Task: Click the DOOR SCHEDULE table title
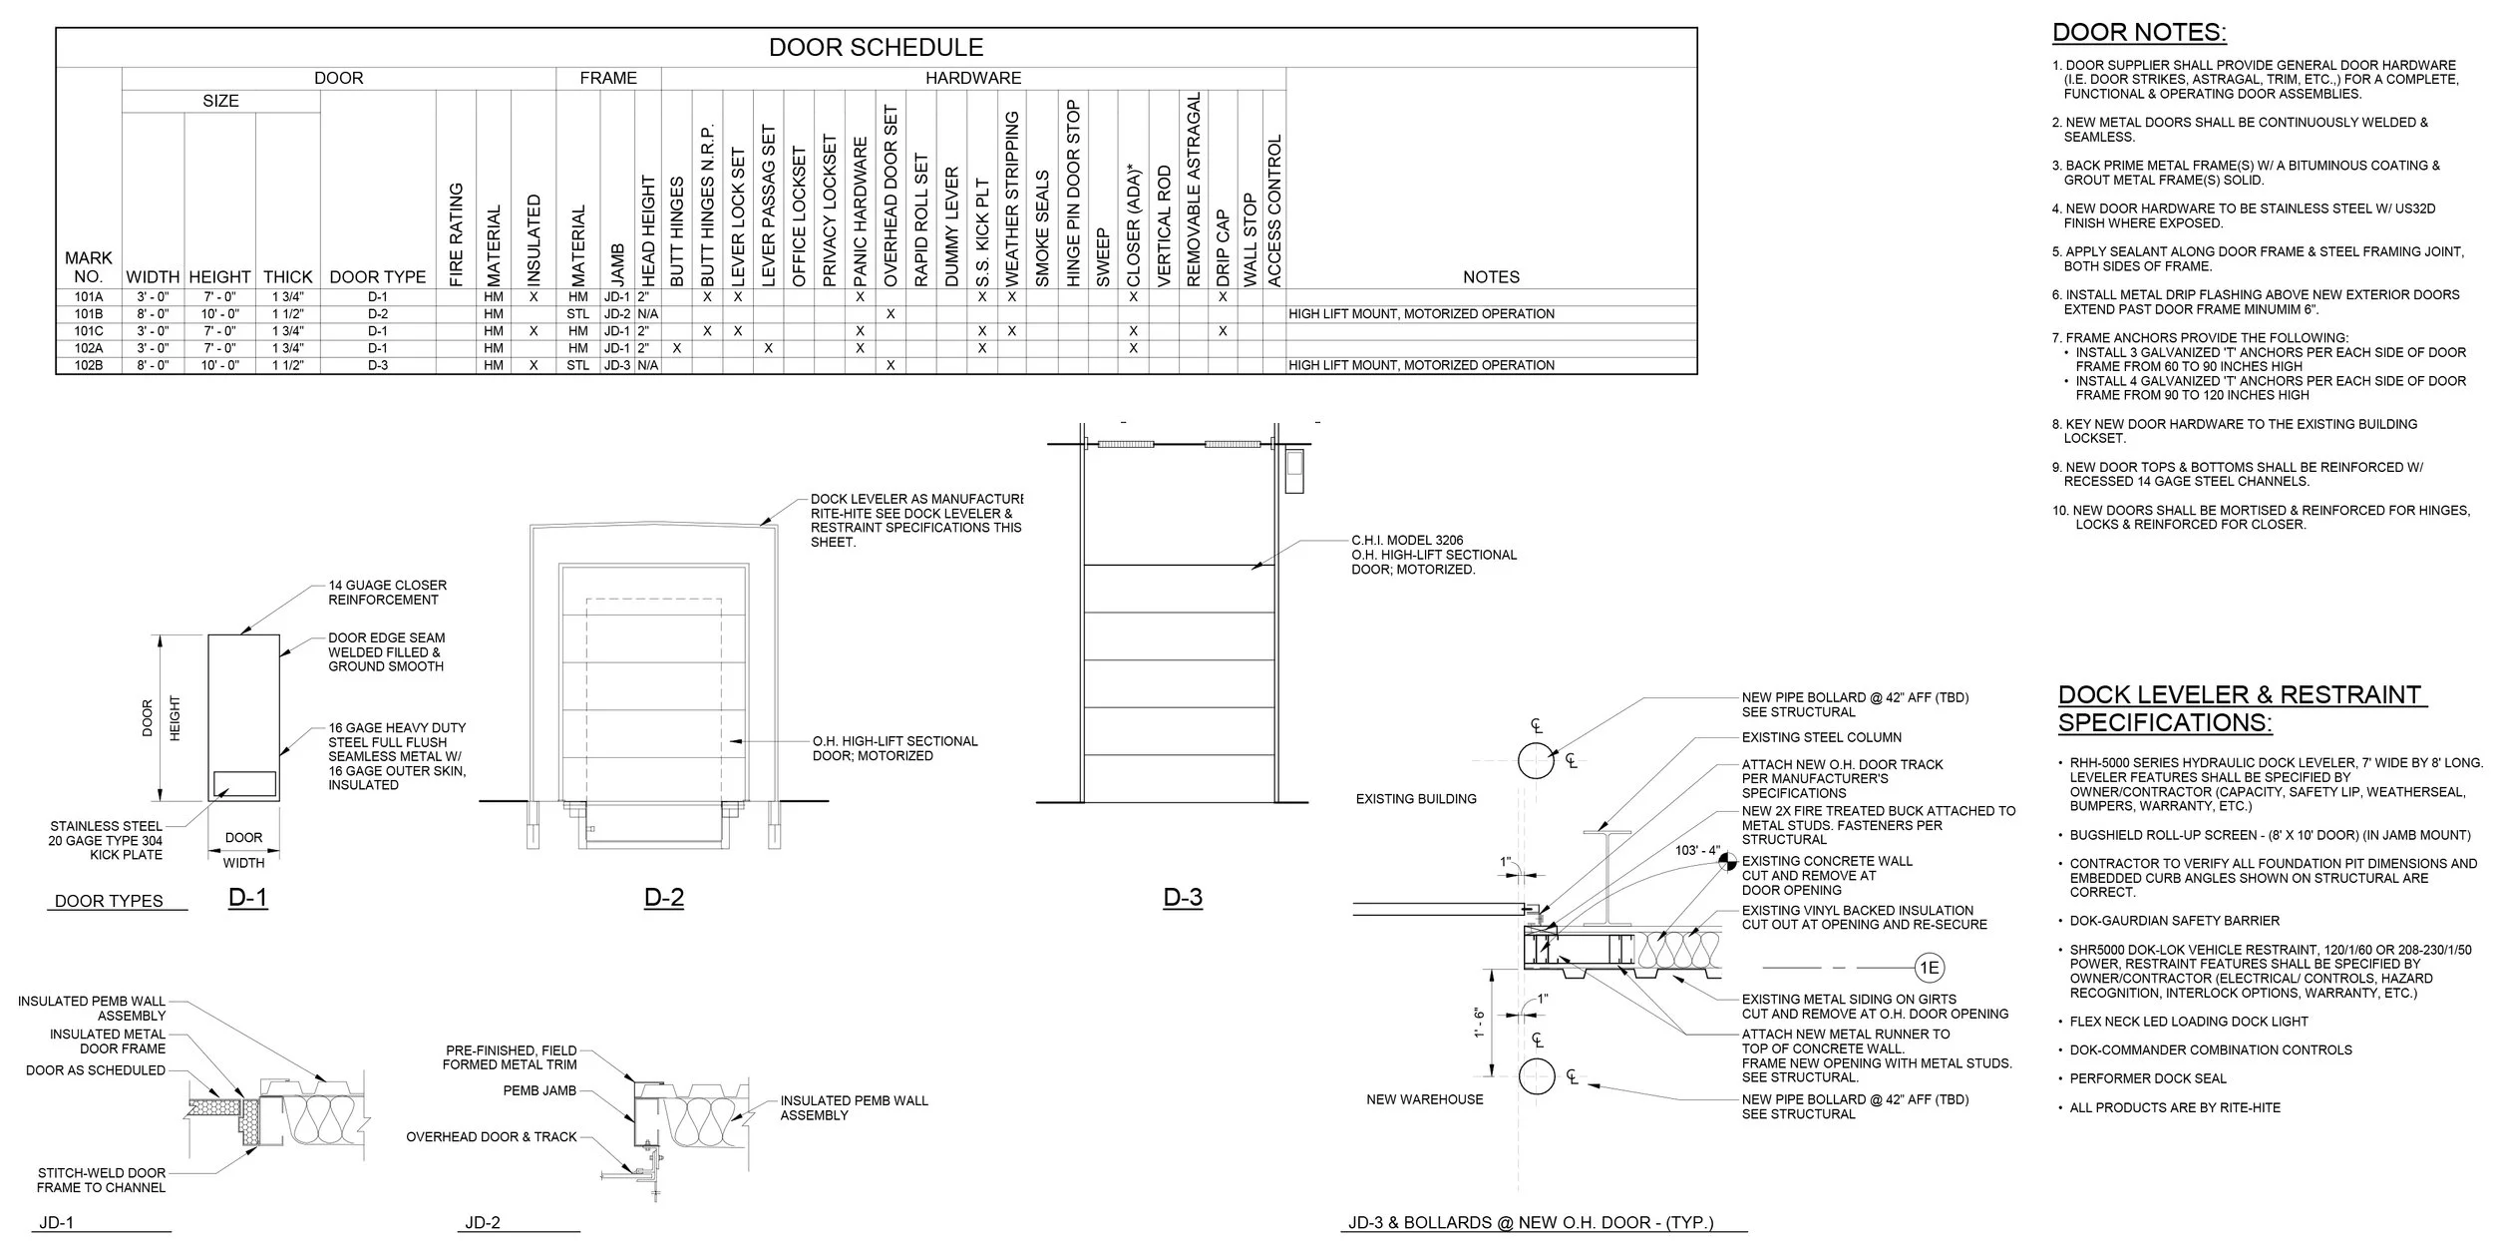coord(876,47)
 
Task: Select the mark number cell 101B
coord(88,314)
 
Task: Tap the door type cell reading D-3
coord(377,365)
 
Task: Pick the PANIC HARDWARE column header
coord(860,211)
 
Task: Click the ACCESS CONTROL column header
coord(1273,210)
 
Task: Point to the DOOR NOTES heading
coord(2138,33)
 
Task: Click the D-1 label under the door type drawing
coord(247,898)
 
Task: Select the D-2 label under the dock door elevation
coord(663,898)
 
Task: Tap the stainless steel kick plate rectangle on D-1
coord(243,784)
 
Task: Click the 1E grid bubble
coord(1929,968)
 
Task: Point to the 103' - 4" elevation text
coord(1697,851)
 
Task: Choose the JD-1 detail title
coord(56,1223)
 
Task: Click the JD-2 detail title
coord(483,1223)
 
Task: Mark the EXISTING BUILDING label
coord(1416,799)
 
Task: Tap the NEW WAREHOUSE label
coord(1424,1099)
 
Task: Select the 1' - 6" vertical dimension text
coord(1480,1024)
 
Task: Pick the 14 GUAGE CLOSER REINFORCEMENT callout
coord(387,593)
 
